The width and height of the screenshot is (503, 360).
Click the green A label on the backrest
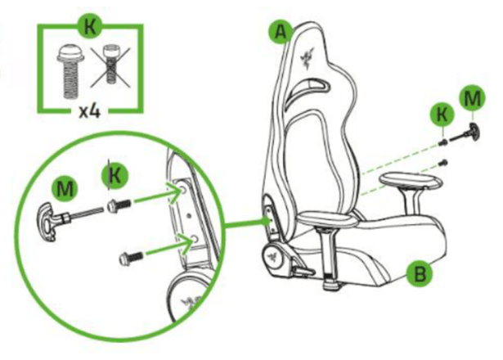pyautogui.click(x=281, y=32)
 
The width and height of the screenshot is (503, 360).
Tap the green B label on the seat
pyautogui.click(x=420, y=274)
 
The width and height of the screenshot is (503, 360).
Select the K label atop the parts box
pyautogui.click(x=90, y=26)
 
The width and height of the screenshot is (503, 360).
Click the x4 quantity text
pyautogui.click(x=90, y=111)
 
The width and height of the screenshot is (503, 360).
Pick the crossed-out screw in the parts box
pyautogui.click(x=110, y=67)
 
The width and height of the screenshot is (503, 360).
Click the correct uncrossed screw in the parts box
pyautogui.click(x=70, y=71)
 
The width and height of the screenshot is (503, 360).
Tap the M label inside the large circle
pyautogui.click(x=65, y=189)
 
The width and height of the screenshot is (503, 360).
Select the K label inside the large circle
pyautogui.click(x=115, y=176)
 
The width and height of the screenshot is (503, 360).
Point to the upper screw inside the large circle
pyautogui.click(x=119, y=205)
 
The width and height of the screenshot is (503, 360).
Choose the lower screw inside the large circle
pyautogui.click(x=132, y=258)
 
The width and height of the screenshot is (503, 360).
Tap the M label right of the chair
pyautogui.click(x=472, y=99)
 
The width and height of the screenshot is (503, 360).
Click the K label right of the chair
pyautogui.click(x=442, y=115)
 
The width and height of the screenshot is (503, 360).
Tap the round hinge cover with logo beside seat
pyautogui.click(x=273, y=255)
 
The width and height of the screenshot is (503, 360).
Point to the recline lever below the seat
pyautogui.click(x=303, y=268)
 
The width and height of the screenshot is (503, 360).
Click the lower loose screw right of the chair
pyautogui.click(x=444, y=163)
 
